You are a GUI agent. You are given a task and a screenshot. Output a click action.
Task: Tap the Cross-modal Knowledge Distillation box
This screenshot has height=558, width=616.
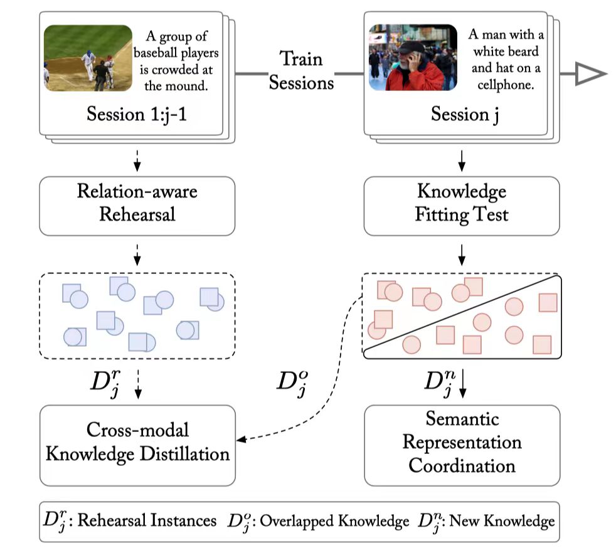point(137,444)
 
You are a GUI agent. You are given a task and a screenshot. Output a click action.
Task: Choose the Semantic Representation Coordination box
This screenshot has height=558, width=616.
point(461,444)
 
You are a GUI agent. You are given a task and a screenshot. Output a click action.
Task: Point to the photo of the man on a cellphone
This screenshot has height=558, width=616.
point(413,57)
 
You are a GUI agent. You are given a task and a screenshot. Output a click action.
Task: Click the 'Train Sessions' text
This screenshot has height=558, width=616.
point(301,71)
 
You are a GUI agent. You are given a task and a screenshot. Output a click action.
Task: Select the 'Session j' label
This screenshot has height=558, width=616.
point(461,115)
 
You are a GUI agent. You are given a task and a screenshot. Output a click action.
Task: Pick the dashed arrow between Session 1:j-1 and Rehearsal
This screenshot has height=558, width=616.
point(137,161)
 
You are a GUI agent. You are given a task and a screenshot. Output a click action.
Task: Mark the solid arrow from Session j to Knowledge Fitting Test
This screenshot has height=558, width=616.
point(462,161)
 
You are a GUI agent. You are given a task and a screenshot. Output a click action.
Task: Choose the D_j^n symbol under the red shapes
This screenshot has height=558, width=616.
point(438,383)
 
